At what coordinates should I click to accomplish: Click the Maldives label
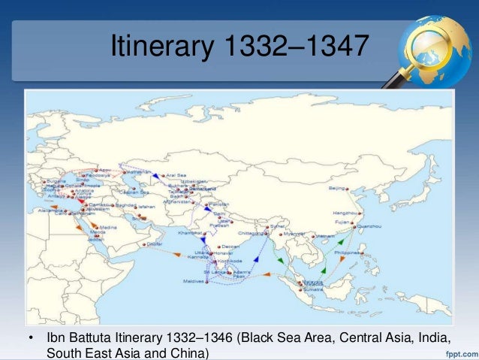[x=194, y=281]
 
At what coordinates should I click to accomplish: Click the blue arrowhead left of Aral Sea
[x=156, y=174]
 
